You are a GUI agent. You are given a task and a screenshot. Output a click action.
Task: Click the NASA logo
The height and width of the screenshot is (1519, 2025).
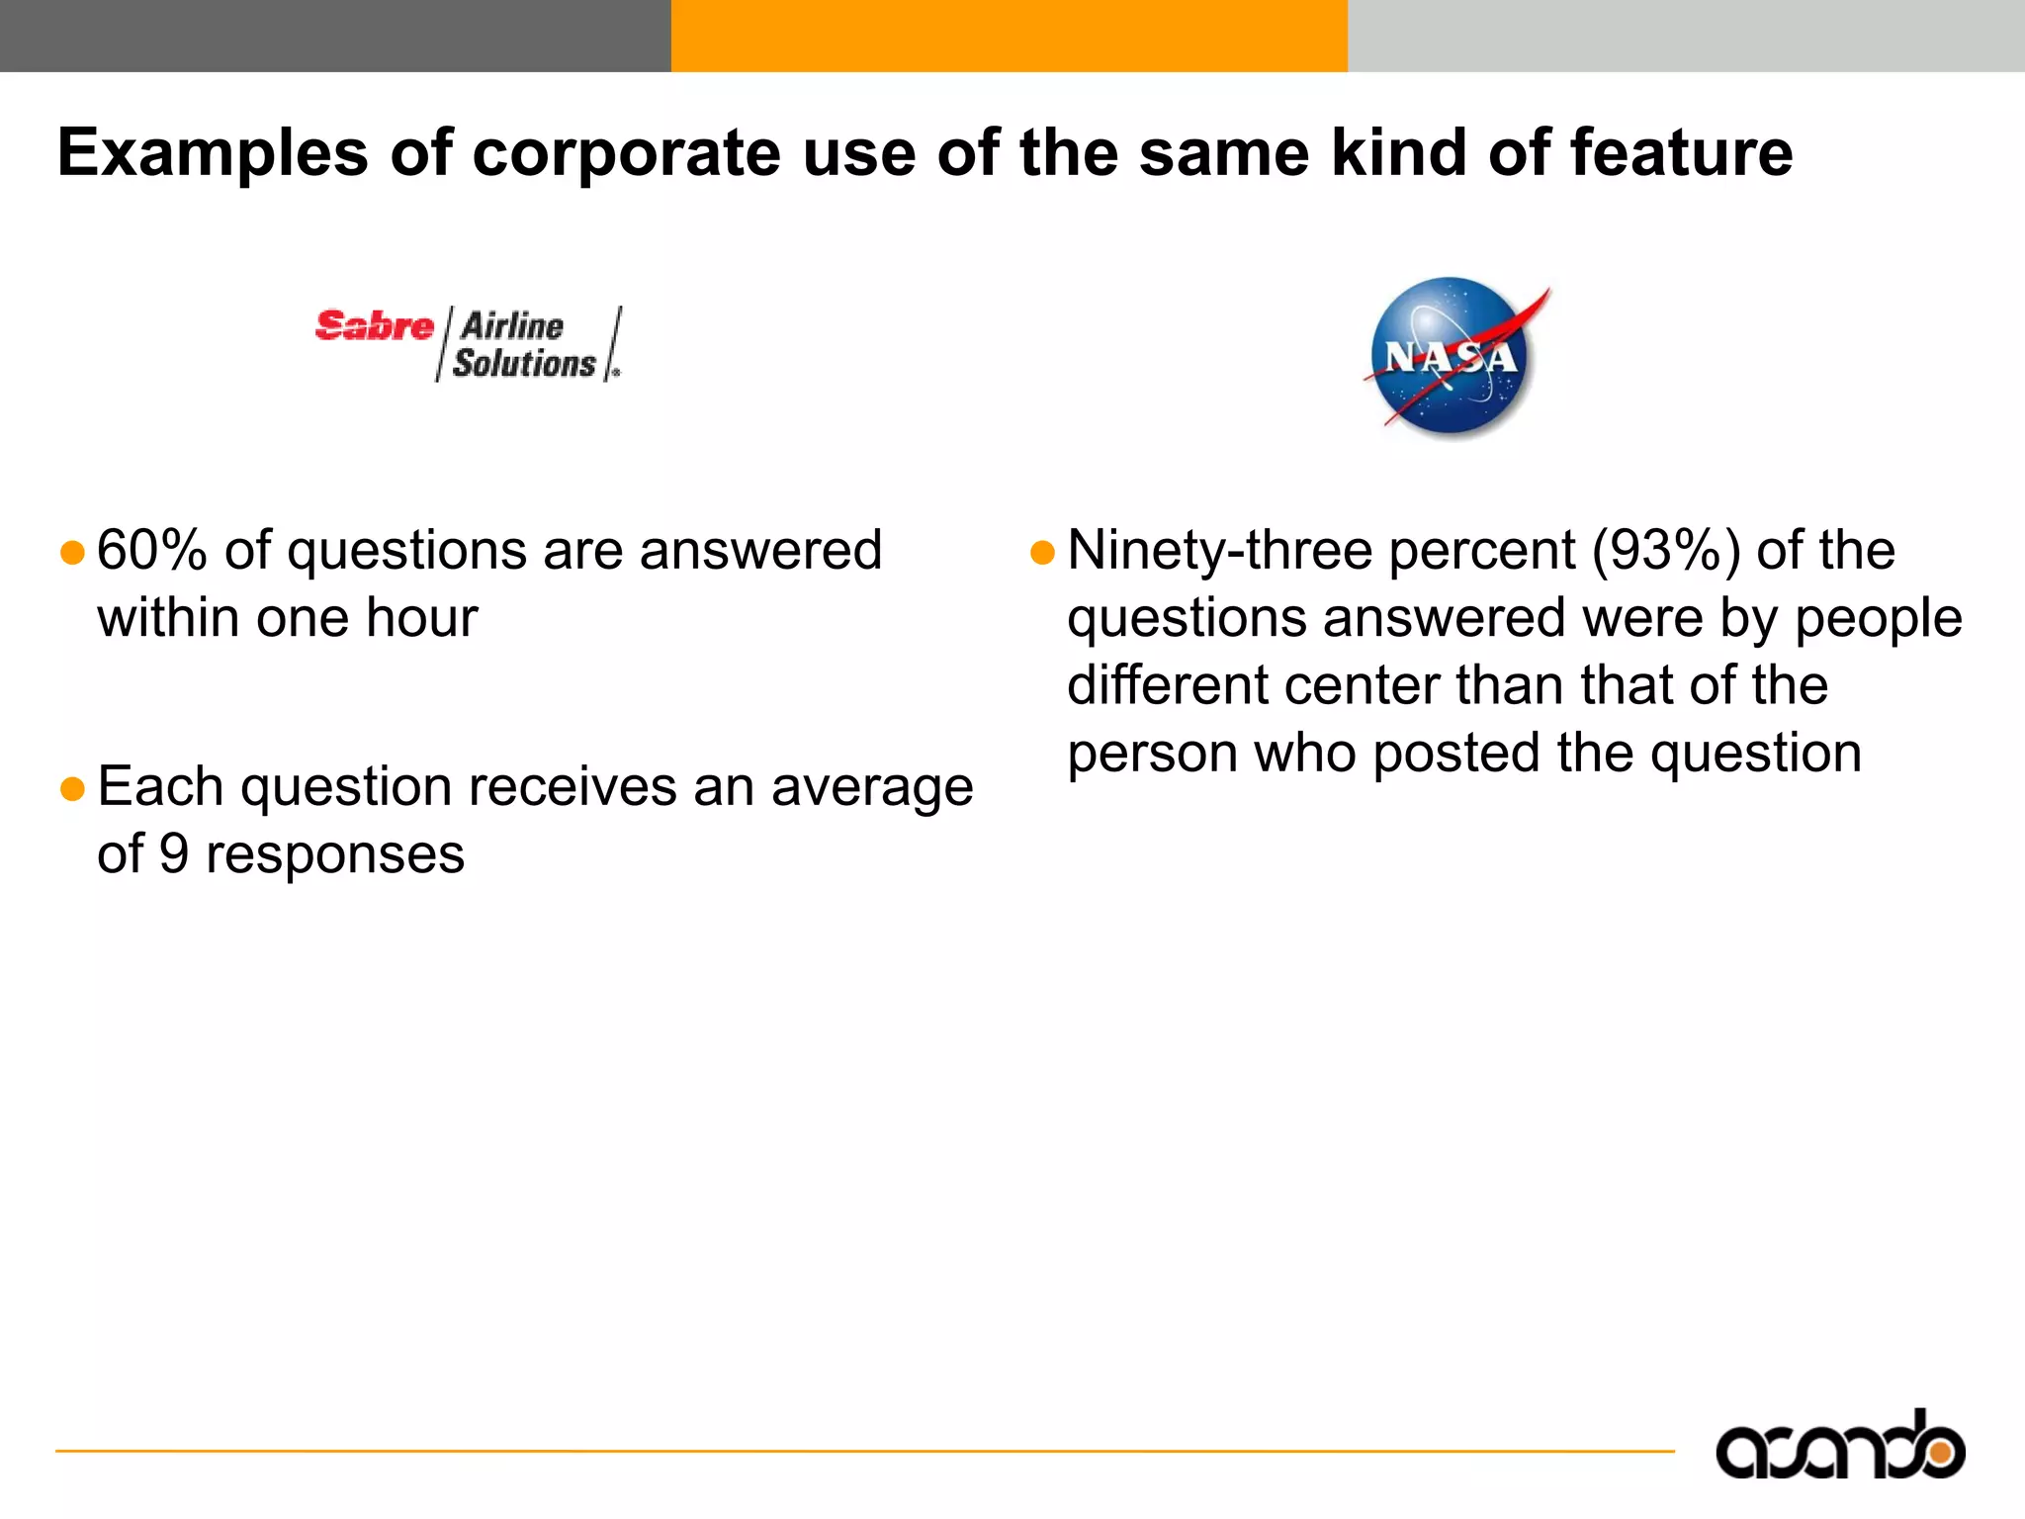[1451, 357]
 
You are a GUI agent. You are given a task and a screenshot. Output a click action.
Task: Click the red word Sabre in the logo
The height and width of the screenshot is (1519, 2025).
[375, 325]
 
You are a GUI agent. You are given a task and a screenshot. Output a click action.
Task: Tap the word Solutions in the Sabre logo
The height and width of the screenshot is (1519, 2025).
[524, 363]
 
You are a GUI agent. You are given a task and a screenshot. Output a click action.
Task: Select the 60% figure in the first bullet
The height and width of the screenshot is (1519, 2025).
[151, 550]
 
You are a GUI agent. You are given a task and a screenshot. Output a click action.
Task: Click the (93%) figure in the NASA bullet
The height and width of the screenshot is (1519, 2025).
[1665, 550]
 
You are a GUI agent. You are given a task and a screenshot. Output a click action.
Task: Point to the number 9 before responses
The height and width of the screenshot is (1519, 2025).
[174, 853]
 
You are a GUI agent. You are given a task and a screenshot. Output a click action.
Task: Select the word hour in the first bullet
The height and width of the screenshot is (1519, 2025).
[422, 618]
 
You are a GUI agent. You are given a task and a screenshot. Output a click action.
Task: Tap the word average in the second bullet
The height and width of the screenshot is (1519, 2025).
[872, 787]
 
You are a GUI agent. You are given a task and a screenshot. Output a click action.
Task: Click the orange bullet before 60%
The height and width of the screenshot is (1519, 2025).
[72, 552]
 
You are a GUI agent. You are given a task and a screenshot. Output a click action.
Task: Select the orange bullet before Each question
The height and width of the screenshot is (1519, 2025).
[72, 788]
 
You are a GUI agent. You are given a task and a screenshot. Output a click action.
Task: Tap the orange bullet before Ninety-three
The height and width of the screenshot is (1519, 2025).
[1042, 552]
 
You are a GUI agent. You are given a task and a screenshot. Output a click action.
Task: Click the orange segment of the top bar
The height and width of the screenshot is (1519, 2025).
[1009, 36]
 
